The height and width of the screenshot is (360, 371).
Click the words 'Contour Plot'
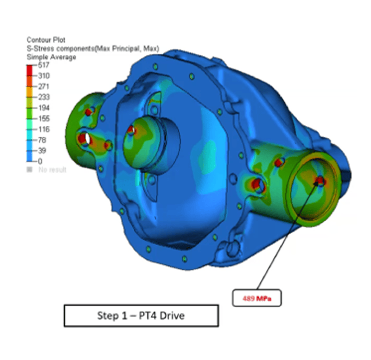pos(46,40)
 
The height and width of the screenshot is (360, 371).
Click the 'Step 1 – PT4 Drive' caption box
pos(141,316)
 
